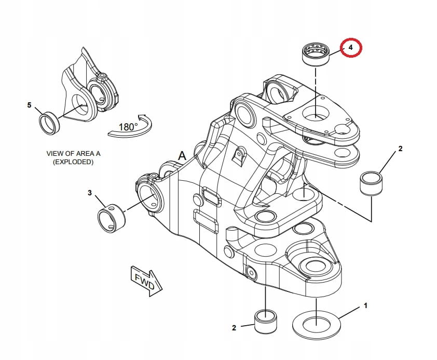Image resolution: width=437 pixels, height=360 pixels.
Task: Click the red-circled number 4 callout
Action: (x=351, y=48)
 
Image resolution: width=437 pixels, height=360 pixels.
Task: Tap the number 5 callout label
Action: (x=29, y=105)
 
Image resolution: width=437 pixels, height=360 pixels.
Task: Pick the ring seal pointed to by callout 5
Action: (x=50, y=122)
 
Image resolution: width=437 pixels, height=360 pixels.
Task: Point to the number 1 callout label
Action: (x=365, y=305)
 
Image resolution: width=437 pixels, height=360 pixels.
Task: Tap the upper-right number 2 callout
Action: (x=400, y=149)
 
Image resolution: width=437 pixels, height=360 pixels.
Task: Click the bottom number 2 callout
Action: (x=234, y=328)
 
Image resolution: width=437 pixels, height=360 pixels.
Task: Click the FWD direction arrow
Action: (x=146, y=281)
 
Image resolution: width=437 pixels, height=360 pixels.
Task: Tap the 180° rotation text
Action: (x=128, y=126)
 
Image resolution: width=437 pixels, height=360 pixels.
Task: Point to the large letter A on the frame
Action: (x=182, y=155)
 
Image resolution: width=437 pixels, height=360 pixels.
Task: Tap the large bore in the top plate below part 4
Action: (x=317, y=112)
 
